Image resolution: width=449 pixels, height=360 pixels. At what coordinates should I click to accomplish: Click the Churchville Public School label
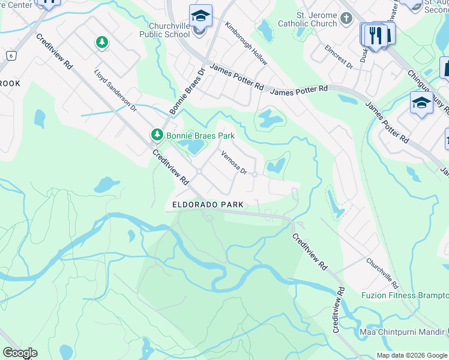(x=169, y=30)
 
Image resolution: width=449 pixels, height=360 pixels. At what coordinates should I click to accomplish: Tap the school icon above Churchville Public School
(x=200, y=15)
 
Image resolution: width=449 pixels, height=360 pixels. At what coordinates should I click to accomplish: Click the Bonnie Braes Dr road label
(x=187, y=91)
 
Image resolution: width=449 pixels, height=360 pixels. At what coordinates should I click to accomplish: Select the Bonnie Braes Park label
(x=192, y=135)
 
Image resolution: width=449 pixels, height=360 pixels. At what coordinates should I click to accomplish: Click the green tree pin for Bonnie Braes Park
(x=157, y=134)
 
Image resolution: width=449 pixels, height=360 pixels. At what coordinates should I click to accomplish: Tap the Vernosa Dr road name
(x=234, y=163)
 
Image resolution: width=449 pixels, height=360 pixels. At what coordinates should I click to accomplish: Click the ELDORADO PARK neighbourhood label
(x=208, y=205)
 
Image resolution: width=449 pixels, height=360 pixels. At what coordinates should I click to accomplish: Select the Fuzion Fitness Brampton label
(x=405, y=295)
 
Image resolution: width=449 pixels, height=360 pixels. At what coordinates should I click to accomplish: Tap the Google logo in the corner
(x=19, y=353)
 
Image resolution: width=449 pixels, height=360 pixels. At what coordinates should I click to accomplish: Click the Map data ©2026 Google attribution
(x=412, y=355)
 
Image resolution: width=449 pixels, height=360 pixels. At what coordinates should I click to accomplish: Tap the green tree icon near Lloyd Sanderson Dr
(x=102, y=42)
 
